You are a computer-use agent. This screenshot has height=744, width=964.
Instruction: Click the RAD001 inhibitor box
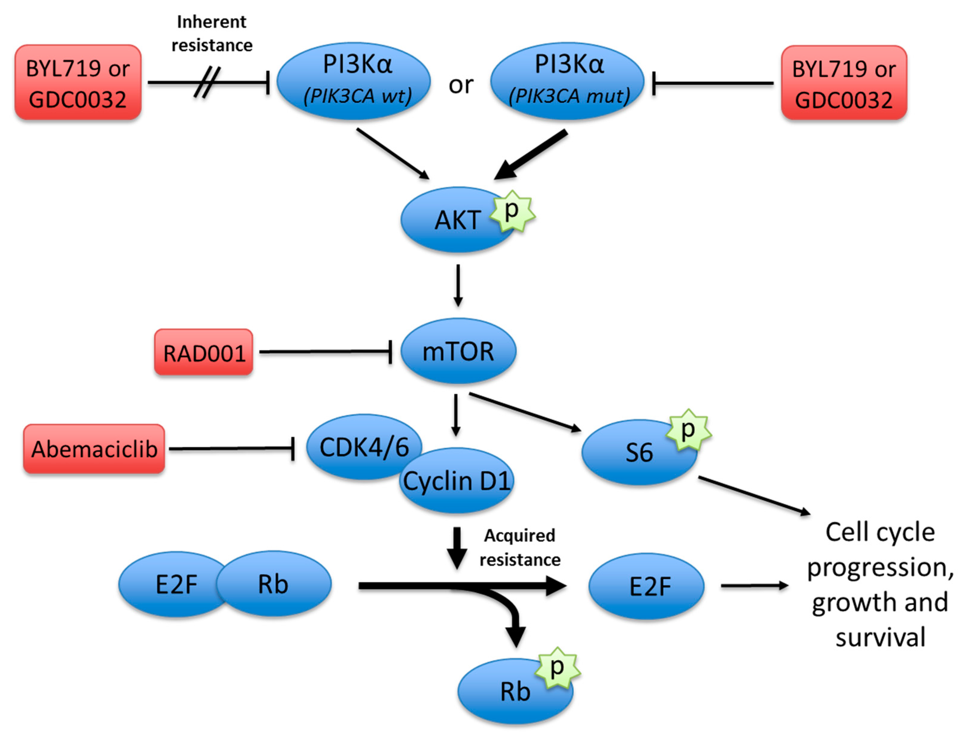204,352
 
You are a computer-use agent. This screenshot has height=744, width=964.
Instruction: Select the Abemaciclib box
94,449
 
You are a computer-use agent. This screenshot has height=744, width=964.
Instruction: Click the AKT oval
455,220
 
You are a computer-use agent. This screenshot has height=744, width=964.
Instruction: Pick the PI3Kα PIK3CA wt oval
354,81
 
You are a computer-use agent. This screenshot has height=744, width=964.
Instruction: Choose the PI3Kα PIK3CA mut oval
567,81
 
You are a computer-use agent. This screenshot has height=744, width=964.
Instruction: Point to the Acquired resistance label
520,548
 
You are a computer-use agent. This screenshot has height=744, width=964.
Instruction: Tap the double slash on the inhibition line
207,82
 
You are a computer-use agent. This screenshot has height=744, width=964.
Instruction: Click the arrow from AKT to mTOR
458,285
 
